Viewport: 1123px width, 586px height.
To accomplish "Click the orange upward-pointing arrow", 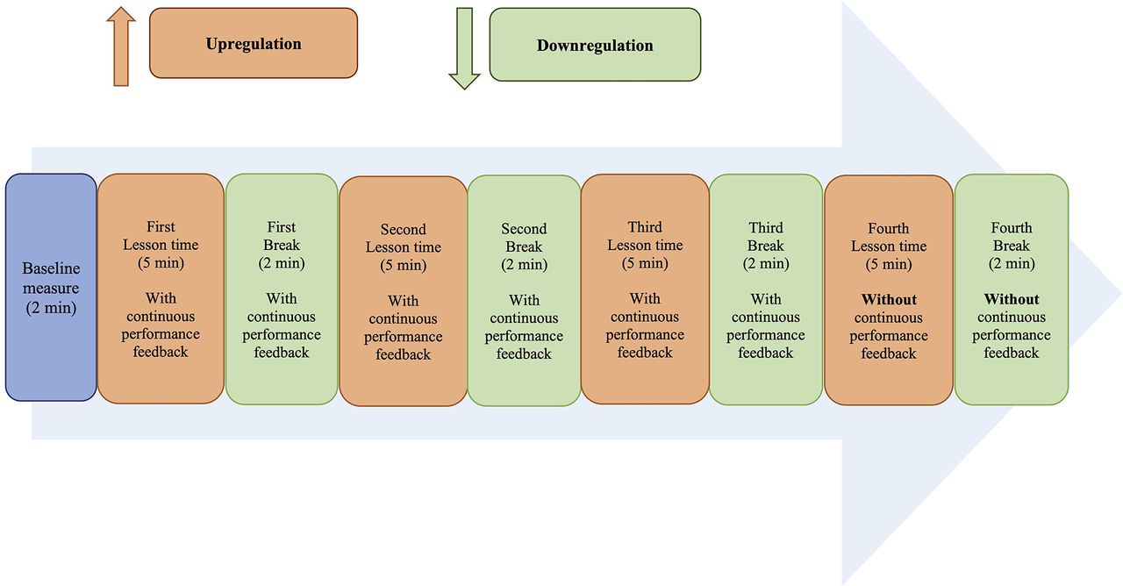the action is coord(121,46).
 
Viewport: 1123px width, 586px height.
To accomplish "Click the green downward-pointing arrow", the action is coord(464,48).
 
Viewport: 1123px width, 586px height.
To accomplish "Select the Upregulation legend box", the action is coord(254,43).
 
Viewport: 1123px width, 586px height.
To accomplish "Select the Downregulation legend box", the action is coord(595,45).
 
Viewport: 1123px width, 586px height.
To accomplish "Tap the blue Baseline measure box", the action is coord(51,287).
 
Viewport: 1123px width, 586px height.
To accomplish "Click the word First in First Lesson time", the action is coord(161,226).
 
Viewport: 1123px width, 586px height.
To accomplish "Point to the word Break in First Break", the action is coord(282,245).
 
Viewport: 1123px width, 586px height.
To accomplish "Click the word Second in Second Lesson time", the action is coord(403,229).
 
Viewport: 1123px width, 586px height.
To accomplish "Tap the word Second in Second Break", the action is coord(524,229).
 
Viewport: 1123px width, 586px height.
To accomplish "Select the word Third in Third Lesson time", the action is coord(645,227).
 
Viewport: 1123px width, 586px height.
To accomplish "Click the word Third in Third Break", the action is coord(766,227).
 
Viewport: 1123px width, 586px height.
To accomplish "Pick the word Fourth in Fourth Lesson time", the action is coord(889,228).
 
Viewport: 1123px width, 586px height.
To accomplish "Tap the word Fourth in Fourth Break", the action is coord(1012,227).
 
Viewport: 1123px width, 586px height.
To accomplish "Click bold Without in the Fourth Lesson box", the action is coord(889,299).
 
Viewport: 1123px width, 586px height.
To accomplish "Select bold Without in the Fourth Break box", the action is coord(1012,299).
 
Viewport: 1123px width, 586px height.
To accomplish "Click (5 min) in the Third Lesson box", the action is coord(645,263).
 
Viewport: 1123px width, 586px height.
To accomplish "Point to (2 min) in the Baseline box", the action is coord(51,307).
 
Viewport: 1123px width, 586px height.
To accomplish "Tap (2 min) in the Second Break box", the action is coord(524,264).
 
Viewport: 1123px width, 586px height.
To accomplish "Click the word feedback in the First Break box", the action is coord(282,353).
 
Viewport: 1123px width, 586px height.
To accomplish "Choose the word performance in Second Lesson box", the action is coord(403,337).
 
